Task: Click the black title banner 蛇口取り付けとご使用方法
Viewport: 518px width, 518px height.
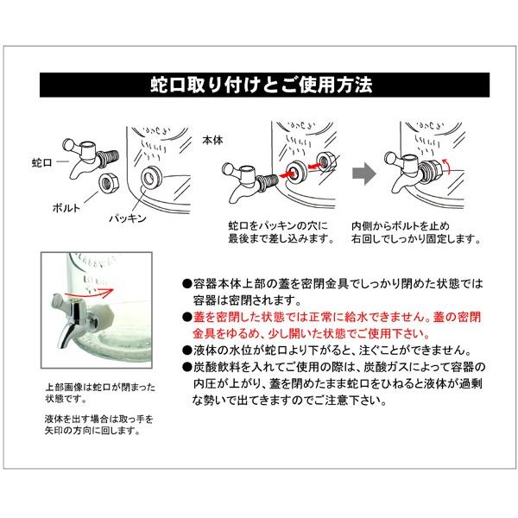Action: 264,85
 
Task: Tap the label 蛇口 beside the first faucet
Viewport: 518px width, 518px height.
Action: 42,162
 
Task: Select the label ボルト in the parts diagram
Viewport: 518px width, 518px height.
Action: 66,208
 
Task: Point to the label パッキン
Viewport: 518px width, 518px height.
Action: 128,218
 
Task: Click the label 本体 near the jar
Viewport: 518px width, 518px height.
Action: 212,140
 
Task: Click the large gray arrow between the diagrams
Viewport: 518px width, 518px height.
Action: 363,174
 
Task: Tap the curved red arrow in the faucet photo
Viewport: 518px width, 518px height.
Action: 89,292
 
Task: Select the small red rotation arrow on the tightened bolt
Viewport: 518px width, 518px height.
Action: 446,165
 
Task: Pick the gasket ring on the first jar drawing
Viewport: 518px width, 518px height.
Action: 151,178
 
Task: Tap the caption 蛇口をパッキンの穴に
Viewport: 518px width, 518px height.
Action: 278,226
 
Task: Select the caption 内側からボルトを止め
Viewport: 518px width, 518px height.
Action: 401,226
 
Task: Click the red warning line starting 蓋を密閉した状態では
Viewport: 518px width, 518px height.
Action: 337,317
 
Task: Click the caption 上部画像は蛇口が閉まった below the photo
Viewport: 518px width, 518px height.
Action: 100,387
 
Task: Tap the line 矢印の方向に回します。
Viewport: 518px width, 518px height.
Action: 92,431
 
